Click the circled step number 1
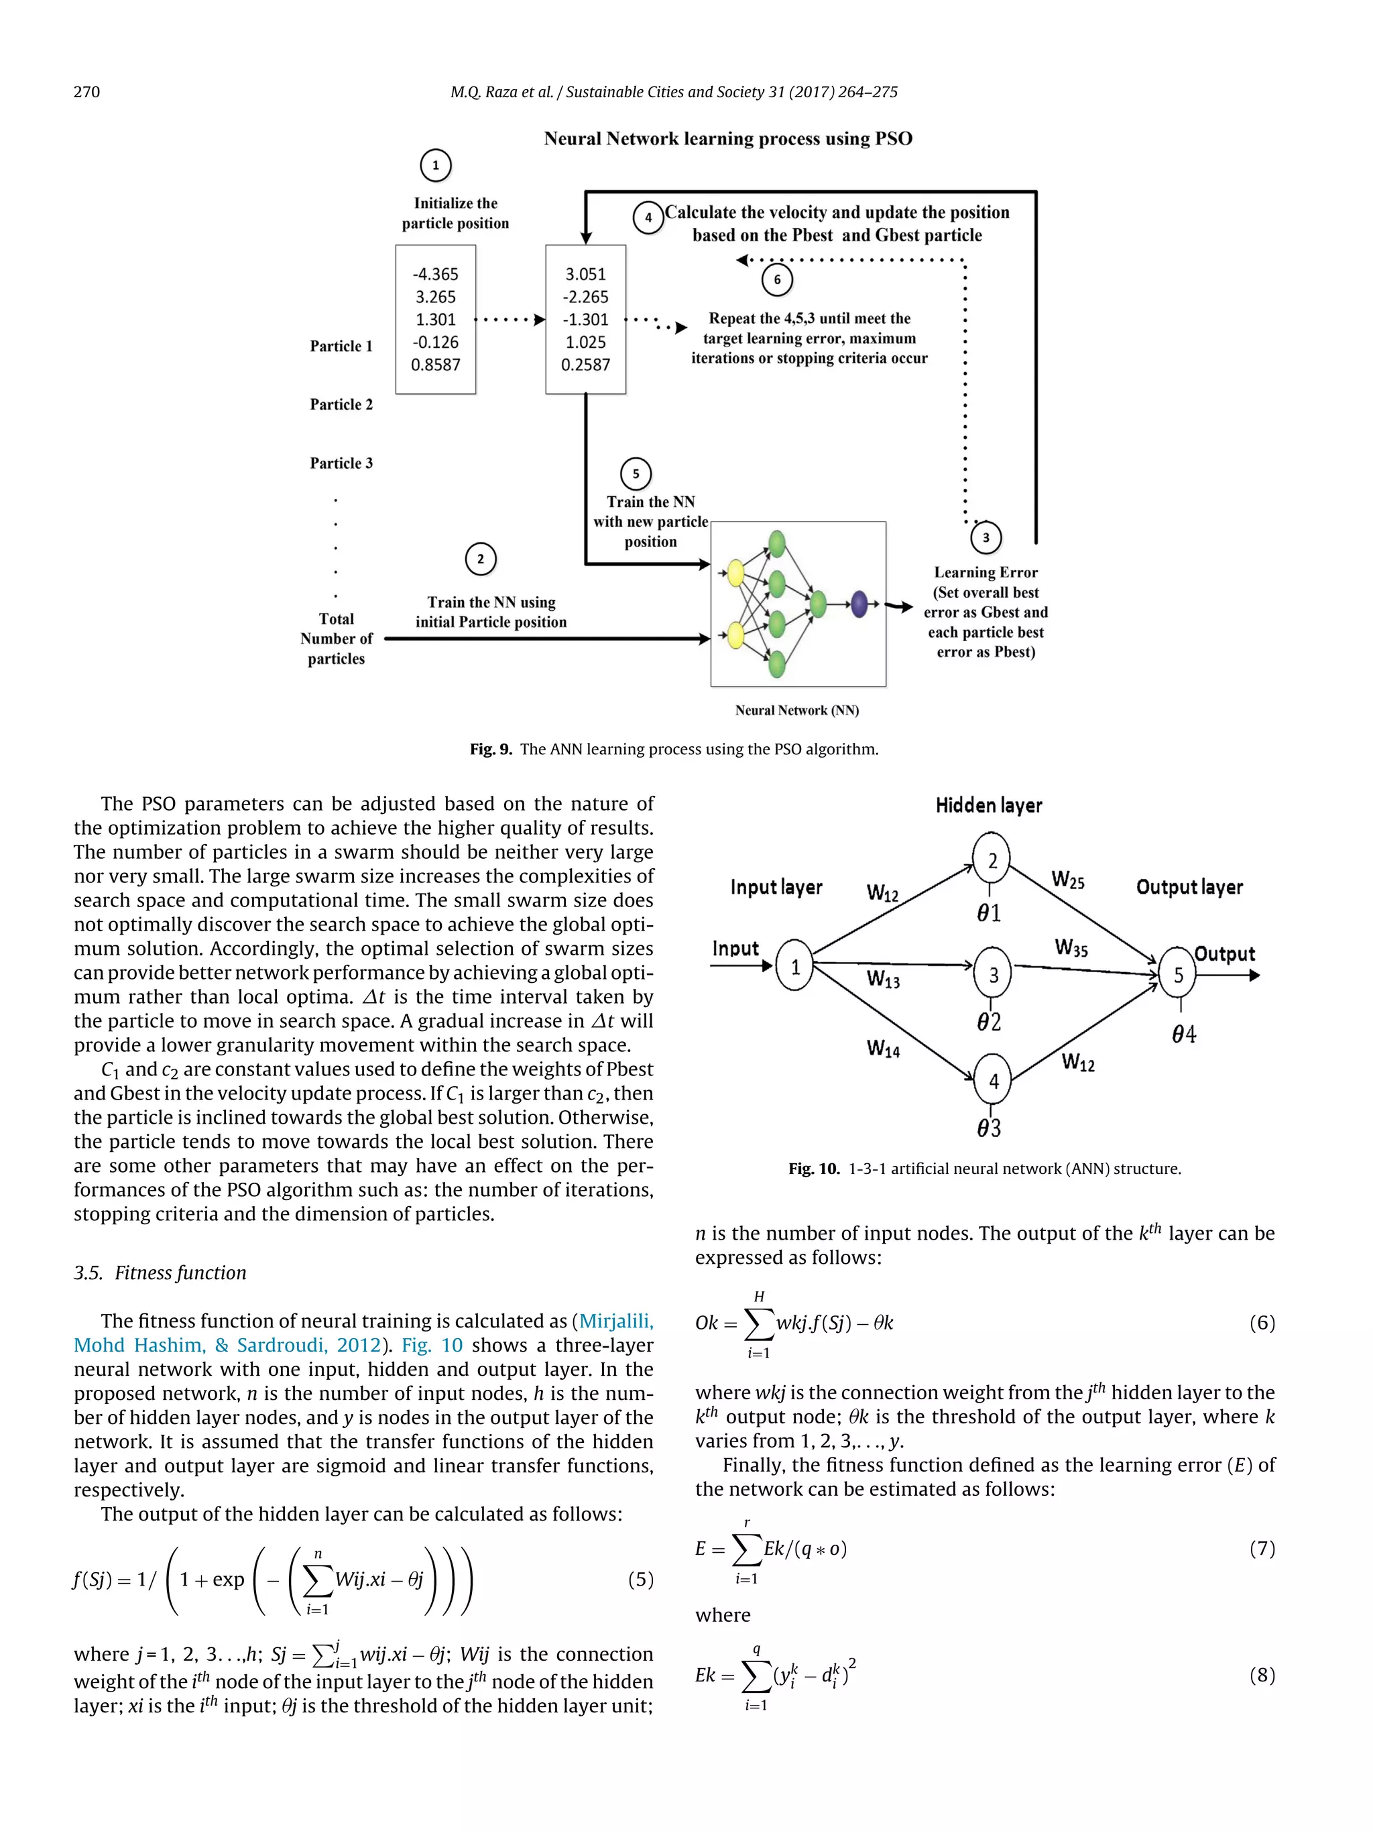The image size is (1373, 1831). (x=435, y=165)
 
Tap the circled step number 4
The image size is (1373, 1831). (x=648, y=218)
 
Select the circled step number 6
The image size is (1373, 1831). (x=776, y=280)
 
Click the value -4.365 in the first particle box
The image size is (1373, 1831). (x=435, y=274)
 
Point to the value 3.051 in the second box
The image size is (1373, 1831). (x=585, y=274)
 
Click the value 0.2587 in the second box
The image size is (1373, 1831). (x=585, y=364)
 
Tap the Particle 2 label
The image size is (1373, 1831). (x=341, y=405)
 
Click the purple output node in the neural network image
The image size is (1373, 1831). (x=858, y=604)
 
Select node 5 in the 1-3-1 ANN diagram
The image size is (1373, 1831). (x=1178, y=975)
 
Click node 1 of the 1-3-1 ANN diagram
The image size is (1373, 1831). (x=794, y=966)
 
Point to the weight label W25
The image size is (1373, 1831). (x=1067, y=879)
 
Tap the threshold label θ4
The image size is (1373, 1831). (x=1183, y=1034)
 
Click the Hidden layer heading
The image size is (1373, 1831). (x=988, y=805)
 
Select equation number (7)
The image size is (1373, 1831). (x=1261, y=1549)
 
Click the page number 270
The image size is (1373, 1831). (x=87, y=92)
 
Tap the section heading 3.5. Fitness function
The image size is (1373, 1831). (x=160, y=1273)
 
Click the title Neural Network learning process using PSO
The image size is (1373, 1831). (x=727, y=138)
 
